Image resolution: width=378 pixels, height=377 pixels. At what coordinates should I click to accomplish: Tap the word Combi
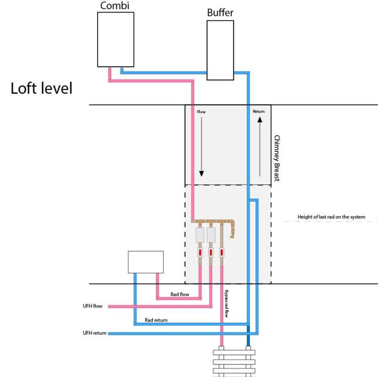[115, 6]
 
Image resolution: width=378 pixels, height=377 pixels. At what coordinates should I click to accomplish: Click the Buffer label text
[220, 13]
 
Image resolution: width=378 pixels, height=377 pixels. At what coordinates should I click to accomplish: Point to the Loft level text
[41, 88]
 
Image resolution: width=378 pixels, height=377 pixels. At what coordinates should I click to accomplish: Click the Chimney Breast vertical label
[277, 158]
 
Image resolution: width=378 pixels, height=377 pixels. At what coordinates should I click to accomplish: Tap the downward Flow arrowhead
[202, 173]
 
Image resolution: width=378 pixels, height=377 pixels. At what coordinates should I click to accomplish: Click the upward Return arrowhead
[260, 120]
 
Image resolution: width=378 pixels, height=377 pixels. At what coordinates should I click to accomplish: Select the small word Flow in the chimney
[201, 112]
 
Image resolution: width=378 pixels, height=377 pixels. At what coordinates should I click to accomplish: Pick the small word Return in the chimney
[259, 112]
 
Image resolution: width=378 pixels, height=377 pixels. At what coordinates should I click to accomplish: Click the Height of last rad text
[331, 217]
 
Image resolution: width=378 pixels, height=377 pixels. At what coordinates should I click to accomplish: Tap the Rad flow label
[180, 295]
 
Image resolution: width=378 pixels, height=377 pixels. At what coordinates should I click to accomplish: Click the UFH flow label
[92, 306]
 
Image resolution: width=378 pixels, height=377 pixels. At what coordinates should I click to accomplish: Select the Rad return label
[156, 320]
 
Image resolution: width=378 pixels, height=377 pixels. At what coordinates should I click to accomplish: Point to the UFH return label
[94, 333]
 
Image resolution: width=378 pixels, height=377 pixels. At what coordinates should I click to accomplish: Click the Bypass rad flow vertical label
[226, 304]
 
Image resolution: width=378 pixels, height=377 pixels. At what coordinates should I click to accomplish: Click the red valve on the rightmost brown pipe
[222, 252]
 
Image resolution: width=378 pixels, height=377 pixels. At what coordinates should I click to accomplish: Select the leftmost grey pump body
[200, 235]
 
